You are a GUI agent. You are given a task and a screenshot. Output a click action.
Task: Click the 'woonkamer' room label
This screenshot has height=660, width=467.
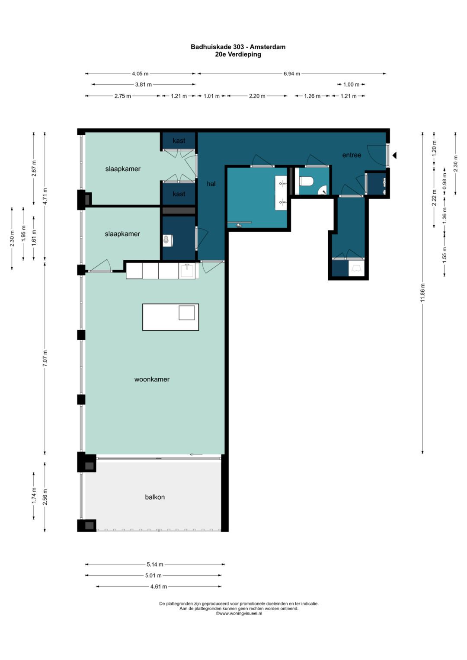(x=152, y=379)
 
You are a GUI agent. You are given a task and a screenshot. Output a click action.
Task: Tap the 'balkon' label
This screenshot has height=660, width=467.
(x=155, y=497)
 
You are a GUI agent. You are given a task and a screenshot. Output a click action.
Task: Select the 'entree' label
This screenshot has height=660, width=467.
(x=352, y=155)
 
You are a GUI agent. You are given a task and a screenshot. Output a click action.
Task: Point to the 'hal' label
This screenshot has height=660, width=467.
(x=211, y=184)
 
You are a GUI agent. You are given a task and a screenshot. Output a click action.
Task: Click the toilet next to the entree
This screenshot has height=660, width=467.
(x=306, y=181)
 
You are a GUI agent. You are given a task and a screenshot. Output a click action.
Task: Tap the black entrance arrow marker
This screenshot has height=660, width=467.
(x=394, y=155)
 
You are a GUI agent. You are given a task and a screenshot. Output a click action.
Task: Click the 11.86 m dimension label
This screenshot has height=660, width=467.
(x=423, y=293)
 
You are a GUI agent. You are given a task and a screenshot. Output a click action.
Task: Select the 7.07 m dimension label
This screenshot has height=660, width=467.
(x=45, y=358)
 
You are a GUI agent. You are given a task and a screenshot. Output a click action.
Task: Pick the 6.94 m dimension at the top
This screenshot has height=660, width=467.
(x=292, y=73)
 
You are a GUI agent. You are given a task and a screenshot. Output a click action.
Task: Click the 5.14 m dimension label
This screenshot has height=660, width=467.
(x=155, y=564)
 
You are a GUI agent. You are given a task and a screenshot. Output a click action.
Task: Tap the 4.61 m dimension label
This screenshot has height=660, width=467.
(x=159, y=587)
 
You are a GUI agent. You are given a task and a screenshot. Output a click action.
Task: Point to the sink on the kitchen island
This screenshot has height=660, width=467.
(x=187, y=312)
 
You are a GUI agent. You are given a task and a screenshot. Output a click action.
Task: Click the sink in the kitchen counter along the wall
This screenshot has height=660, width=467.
(x=187, y=270)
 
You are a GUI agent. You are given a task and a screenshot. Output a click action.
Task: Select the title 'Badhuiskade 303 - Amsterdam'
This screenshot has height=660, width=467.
(x=238, y=47)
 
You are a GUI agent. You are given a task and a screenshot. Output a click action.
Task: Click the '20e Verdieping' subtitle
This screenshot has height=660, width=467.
(x=238, y=54)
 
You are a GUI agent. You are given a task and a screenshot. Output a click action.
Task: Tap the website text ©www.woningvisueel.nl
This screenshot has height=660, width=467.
(x=239, y=613)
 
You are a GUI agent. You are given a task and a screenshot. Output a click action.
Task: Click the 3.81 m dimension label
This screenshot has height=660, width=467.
(x=143, y=85)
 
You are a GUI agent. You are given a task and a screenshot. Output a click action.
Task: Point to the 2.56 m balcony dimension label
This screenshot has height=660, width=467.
(x=45, y=497)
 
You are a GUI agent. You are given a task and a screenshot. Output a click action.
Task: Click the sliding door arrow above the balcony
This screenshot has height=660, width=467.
(x=196, y=455)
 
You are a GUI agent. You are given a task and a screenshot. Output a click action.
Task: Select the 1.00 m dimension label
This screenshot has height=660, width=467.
(x=351, y=85)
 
